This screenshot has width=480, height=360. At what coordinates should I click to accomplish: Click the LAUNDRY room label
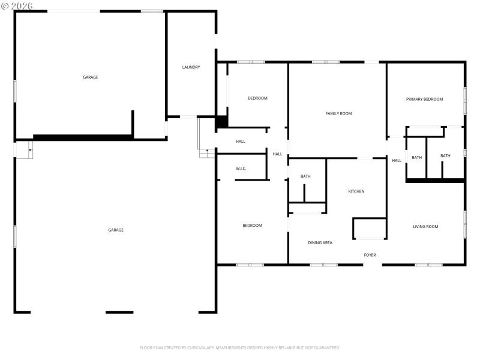[191, 67]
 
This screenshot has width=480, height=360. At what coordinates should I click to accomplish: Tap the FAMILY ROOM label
[338, 113]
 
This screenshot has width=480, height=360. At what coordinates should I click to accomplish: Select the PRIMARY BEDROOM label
[424, 99]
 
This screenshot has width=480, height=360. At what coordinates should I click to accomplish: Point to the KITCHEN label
[356, 191]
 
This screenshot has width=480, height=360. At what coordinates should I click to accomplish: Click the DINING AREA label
[320, 242]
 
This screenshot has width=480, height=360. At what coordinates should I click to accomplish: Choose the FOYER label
[370, 255]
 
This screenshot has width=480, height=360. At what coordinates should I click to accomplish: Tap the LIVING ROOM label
[425, 227]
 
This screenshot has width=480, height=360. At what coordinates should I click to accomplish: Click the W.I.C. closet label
[241, 169]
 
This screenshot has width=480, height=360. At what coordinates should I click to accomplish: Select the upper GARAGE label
[91, 77]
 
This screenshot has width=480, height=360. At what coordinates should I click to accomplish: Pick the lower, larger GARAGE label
[116, 230]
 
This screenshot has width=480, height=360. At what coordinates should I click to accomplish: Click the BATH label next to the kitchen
[305, 176]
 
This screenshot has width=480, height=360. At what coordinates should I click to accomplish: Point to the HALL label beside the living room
[397, 160]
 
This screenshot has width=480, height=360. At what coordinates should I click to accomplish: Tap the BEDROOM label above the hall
[257, 98]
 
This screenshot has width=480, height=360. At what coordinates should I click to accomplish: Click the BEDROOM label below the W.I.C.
[252, 226]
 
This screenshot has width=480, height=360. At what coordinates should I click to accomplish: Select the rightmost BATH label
[445, 156]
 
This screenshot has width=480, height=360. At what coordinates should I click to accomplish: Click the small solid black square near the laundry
[221, 121]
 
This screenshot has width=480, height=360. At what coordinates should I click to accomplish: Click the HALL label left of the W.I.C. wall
[241, 142]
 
